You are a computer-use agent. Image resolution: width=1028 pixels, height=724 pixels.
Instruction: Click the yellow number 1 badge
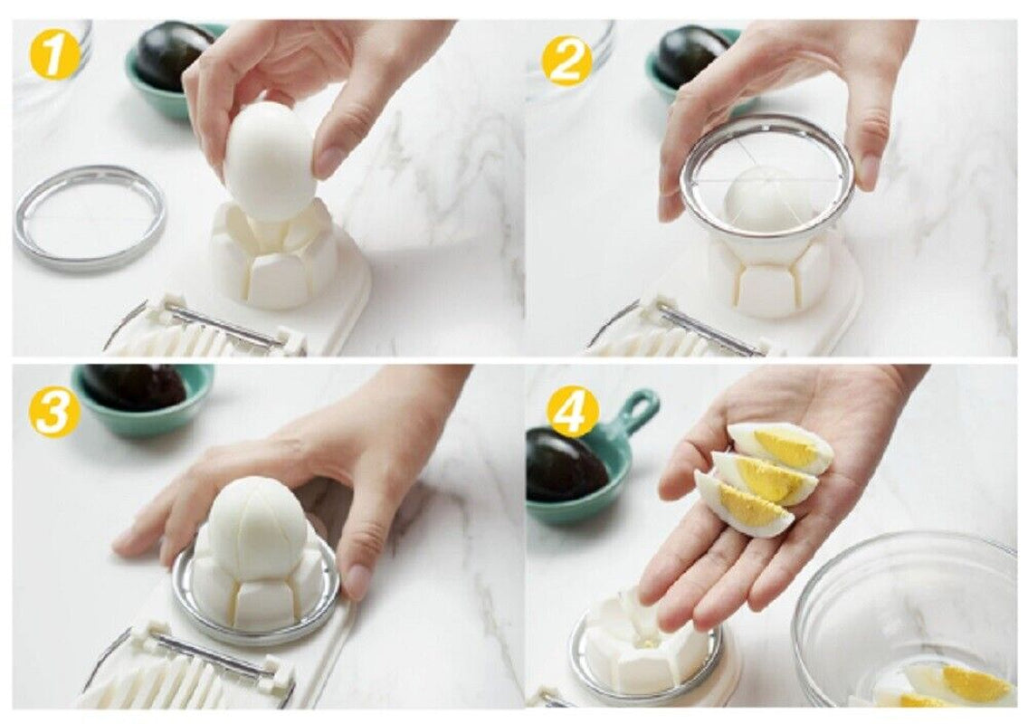(52, 55)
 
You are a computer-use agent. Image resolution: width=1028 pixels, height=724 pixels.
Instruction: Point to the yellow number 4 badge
(571, 411)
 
